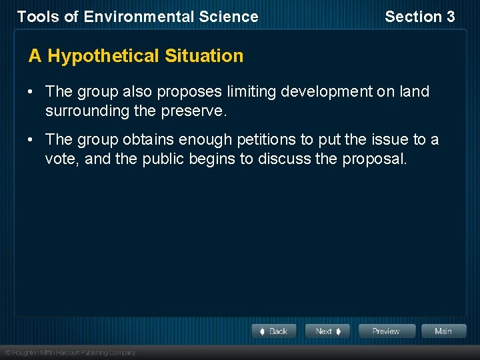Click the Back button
274,331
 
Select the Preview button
387,331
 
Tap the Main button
443,331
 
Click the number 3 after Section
450,17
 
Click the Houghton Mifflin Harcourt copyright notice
70,353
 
